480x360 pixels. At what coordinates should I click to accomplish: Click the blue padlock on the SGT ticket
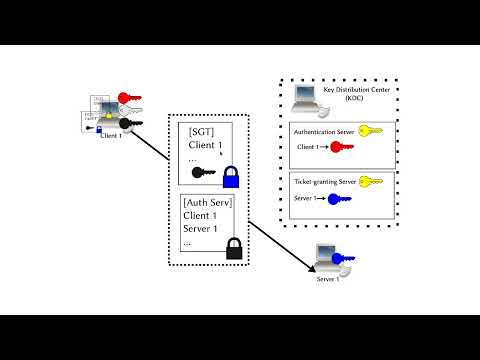(x=231, y=177)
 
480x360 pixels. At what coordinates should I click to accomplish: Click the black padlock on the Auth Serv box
(x=235, y=247)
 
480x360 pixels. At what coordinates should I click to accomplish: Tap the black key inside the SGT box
(x=206, y=172)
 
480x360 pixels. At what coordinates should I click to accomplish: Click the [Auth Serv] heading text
(x=211, y=202)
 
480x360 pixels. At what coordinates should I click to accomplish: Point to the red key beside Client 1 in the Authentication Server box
(x=341, y=148)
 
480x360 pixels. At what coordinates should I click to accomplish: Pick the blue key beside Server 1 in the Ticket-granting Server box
(x=340, y=199)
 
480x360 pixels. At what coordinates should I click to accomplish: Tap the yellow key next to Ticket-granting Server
(x=371, y=182)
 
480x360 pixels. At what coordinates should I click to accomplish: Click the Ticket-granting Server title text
(x=325, y=183)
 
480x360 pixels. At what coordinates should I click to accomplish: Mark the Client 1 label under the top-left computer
(x=112, y=136)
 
